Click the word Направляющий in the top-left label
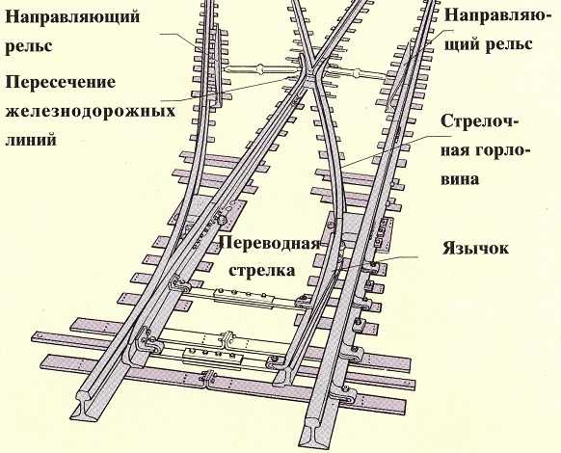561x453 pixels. point(72,17)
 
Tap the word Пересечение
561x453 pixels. point(61,83)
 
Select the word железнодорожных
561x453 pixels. point(91,111)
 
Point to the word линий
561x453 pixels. point(31,139)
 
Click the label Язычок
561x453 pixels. point(475,248)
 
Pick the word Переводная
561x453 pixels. point(270,244)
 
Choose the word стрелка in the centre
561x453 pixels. point(262,270)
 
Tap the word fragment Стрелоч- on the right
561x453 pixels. point(479,121)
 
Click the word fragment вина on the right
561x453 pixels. point(460,179)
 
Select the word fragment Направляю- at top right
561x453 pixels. point(497,16)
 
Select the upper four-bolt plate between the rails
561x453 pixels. point(243,296)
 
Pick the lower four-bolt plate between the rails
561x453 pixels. point(212,357)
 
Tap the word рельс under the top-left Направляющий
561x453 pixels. point(29,47)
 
